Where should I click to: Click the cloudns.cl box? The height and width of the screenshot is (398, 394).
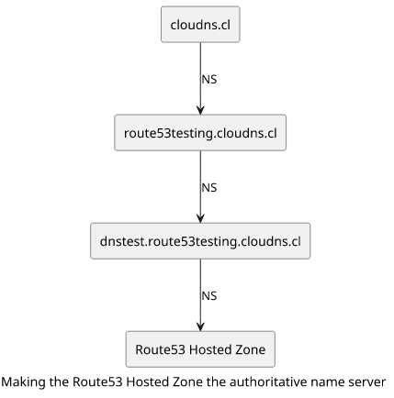point(200,24)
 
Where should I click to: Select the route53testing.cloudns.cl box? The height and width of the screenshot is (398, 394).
point(200,133)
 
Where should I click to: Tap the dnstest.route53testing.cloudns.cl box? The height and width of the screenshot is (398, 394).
point(200,241)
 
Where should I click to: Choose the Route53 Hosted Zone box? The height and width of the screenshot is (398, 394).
point(200,349)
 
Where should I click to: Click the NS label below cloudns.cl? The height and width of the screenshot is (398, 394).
point(209,80)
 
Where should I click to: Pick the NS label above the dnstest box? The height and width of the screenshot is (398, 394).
point(209,188)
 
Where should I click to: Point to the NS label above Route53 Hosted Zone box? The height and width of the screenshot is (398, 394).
point(209,296)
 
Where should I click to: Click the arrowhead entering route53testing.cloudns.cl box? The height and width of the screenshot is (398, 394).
point(200,110)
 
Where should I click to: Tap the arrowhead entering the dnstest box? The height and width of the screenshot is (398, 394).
point(200,218)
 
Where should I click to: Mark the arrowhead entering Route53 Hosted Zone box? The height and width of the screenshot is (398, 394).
point(200,326)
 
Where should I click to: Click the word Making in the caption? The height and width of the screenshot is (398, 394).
point(24,382)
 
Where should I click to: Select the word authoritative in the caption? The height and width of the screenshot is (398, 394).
point(267,381)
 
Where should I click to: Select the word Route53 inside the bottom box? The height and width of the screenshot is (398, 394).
point(160,349)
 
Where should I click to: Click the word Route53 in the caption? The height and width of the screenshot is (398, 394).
point(97,382)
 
